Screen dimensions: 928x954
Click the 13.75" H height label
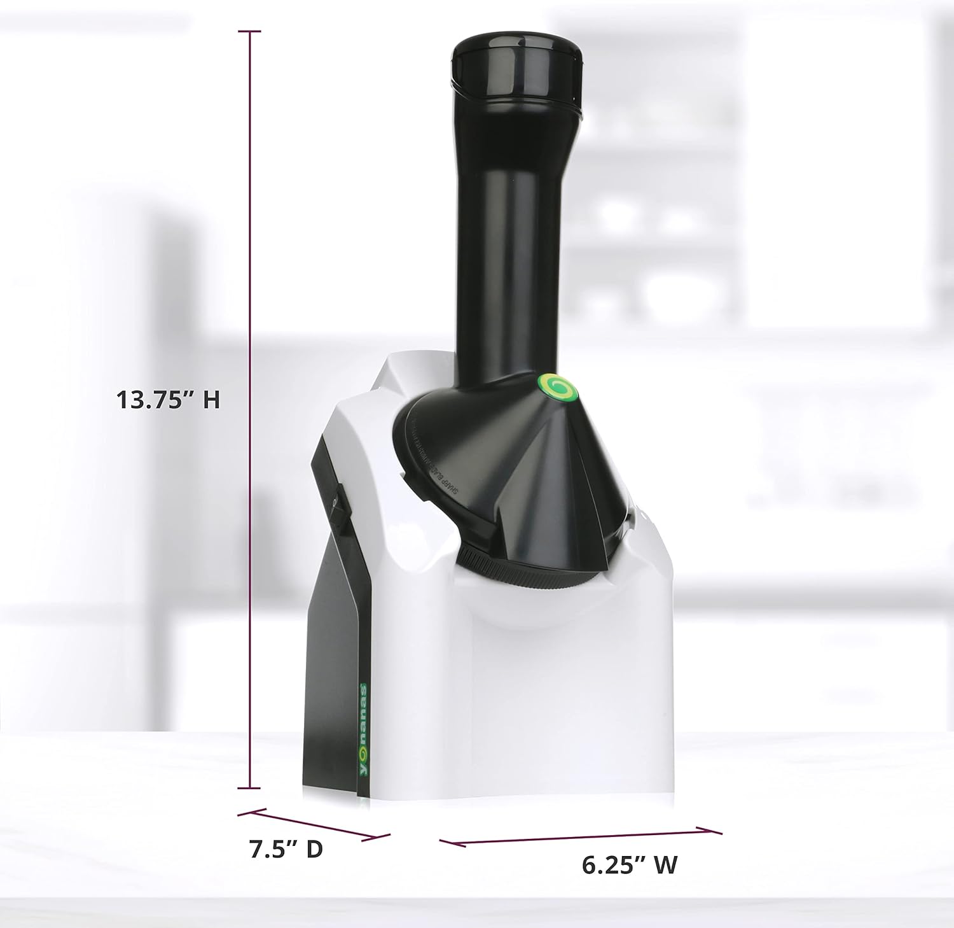[x=168, y=400]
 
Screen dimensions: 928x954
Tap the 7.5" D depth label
[x=286, y=849]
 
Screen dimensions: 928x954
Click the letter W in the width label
[x=665, y=864]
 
